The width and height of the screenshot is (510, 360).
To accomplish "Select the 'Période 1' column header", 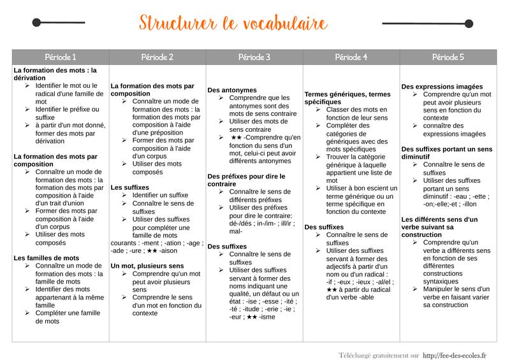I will pyautogui.click(x=61, y=57).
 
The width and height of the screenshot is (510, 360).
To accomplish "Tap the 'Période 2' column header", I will pyautogui.click(x=157, y=57).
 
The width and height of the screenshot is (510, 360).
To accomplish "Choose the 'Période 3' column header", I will pyautogui.click(x=254, y=57).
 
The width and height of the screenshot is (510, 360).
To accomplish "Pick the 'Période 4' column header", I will pyautogui.click(x=351, y=57).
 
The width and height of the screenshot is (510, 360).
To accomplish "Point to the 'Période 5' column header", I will pyautogui.click(x=448, y=57).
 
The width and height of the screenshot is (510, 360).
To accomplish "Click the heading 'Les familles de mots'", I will pyautogui.click(x=47, y=258).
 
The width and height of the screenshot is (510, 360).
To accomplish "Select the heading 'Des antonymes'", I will pyautogui.click(x=232, y=90).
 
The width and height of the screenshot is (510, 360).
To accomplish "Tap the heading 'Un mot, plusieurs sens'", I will pyautogui.click(x=147, y=266).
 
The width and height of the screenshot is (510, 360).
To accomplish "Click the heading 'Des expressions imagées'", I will pyautogui.click(x=442, y=87).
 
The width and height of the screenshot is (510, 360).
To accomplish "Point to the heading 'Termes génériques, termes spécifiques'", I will pyautogui.click(x=347, y=98).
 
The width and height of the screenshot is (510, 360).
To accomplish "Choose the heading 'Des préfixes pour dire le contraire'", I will pyautogui.click(x=246, y=180).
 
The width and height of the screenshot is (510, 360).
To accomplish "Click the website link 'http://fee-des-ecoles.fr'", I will pyautogui.click(x=455, y=355).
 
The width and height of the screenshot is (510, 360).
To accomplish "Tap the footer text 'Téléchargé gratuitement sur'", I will pyautogui.click(x=379, y=355).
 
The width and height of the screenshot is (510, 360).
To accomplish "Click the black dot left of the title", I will pyautogui.click(x=36, y=23).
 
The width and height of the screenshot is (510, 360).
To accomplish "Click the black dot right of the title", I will pyautogui.click(x=473, y=24).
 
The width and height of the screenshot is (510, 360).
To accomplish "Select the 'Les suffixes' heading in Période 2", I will pyautogui.click(x=130, y=187).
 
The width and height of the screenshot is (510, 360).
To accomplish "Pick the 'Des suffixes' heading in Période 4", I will pyautogui.click(x=324, y=227).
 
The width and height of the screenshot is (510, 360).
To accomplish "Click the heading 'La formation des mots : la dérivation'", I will pyautogui.click(x=55, y=74).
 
